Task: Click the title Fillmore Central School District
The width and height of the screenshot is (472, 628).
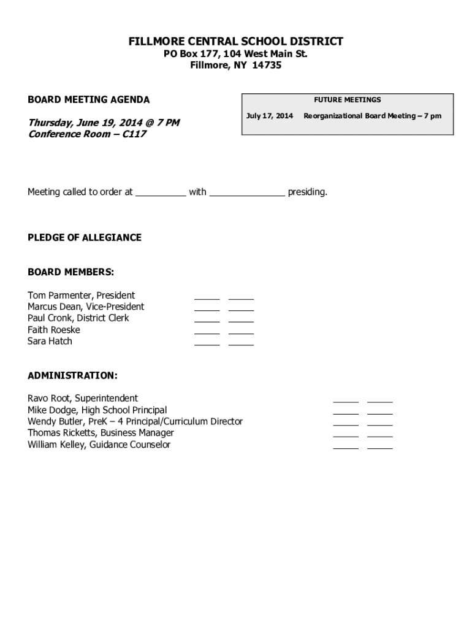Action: coord(235,42)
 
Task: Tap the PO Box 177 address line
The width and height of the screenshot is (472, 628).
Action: coord(235,54)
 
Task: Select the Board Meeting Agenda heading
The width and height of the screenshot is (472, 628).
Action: coord(88,100)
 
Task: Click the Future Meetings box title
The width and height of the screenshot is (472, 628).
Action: coord(347,99)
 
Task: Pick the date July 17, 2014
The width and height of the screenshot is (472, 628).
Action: coord(269,116)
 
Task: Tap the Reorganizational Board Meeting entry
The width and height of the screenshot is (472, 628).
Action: coord(372,116)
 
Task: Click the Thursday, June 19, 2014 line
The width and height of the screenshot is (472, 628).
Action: coord(104,123)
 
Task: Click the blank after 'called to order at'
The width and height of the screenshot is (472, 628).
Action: coord(160,193)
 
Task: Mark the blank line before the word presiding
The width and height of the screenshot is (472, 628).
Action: coord(247,193)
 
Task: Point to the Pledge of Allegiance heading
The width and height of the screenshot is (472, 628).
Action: coord(84,237)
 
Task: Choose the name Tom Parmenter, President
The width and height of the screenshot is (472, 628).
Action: coord(81,295)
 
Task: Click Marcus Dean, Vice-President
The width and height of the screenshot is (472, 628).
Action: coord(86,307)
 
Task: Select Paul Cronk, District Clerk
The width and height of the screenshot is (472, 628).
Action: coord(78,318)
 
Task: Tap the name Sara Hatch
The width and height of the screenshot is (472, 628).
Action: coord(50,341)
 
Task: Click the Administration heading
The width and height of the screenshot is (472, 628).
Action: coord(72,375)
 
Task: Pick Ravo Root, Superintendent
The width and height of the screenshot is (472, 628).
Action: coord(83,399)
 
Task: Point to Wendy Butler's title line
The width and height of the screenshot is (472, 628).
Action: coord(135,421)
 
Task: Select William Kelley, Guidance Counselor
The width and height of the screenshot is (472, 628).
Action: coord(99,445)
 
